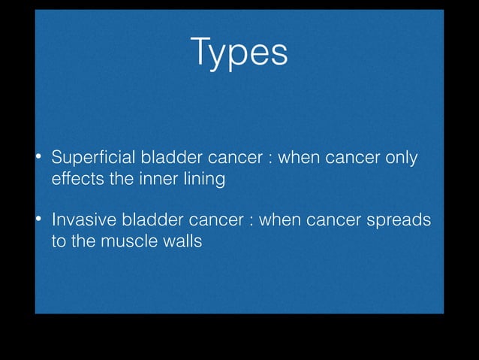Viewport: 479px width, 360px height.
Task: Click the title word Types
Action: tap(239, 53)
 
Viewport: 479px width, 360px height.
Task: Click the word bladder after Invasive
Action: tap(148, 221)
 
